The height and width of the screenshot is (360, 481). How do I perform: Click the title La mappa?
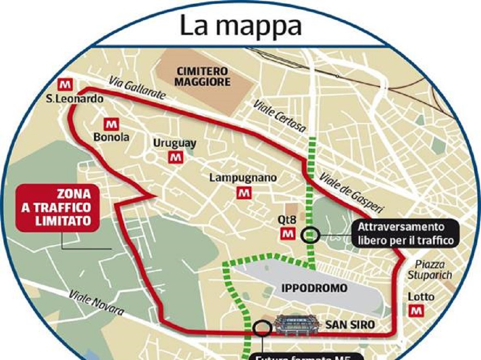pos(240,26)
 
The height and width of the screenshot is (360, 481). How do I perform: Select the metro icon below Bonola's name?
pos(112,124)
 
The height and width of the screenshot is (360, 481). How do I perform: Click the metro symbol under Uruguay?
pos(175,156)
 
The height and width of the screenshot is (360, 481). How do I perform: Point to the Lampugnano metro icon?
pos(245,192)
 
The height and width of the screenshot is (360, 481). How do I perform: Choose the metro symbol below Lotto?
pos(417,311)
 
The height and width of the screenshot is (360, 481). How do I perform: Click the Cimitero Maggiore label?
pos(202,76)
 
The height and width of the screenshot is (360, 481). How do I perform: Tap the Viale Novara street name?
pos(96,303)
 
